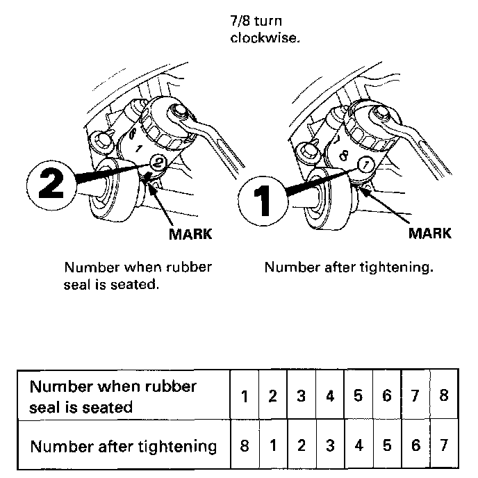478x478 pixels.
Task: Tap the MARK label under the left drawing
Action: [x=190, y=233]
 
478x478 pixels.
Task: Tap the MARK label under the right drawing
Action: [x=429, y=233]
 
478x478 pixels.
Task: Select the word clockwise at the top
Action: [x=265, y=38]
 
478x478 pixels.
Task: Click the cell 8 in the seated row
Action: [x=444, y=396]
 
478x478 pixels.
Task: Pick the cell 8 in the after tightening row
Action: [x=244, y=445]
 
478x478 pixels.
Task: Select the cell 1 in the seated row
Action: [x=245, y=396]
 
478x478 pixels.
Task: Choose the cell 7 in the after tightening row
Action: [x=444, y=445]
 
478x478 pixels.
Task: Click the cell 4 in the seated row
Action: [x=330, y=396]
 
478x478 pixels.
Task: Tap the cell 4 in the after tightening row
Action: [x=358, y=445]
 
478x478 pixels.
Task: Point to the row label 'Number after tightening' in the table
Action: [x=123, y=445]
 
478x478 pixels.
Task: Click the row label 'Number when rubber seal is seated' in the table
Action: [x=113, y=396]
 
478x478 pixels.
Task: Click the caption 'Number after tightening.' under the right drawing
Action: [x=349, y=267]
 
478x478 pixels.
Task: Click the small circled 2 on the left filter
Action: [x=158, y=163]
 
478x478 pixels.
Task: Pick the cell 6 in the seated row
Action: [x=387, y=396]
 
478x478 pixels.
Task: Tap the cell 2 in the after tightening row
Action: [x=302, y=445]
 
